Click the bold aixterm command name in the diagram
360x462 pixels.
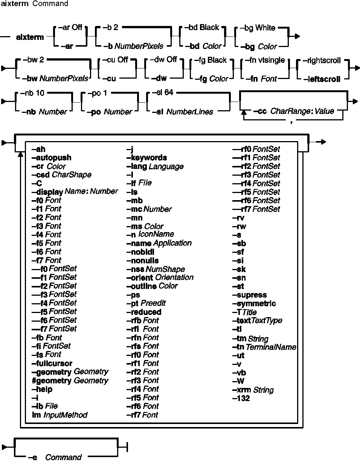30,37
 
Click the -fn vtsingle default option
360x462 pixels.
265,60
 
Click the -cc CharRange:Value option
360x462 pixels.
293,111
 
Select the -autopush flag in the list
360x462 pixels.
52,158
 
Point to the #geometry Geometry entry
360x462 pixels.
70,381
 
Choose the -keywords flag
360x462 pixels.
146,158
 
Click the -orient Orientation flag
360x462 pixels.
160,277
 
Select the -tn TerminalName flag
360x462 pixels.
264,347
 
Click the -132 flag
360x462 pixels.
241,398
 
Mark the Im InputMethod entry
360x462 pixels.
59,415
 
